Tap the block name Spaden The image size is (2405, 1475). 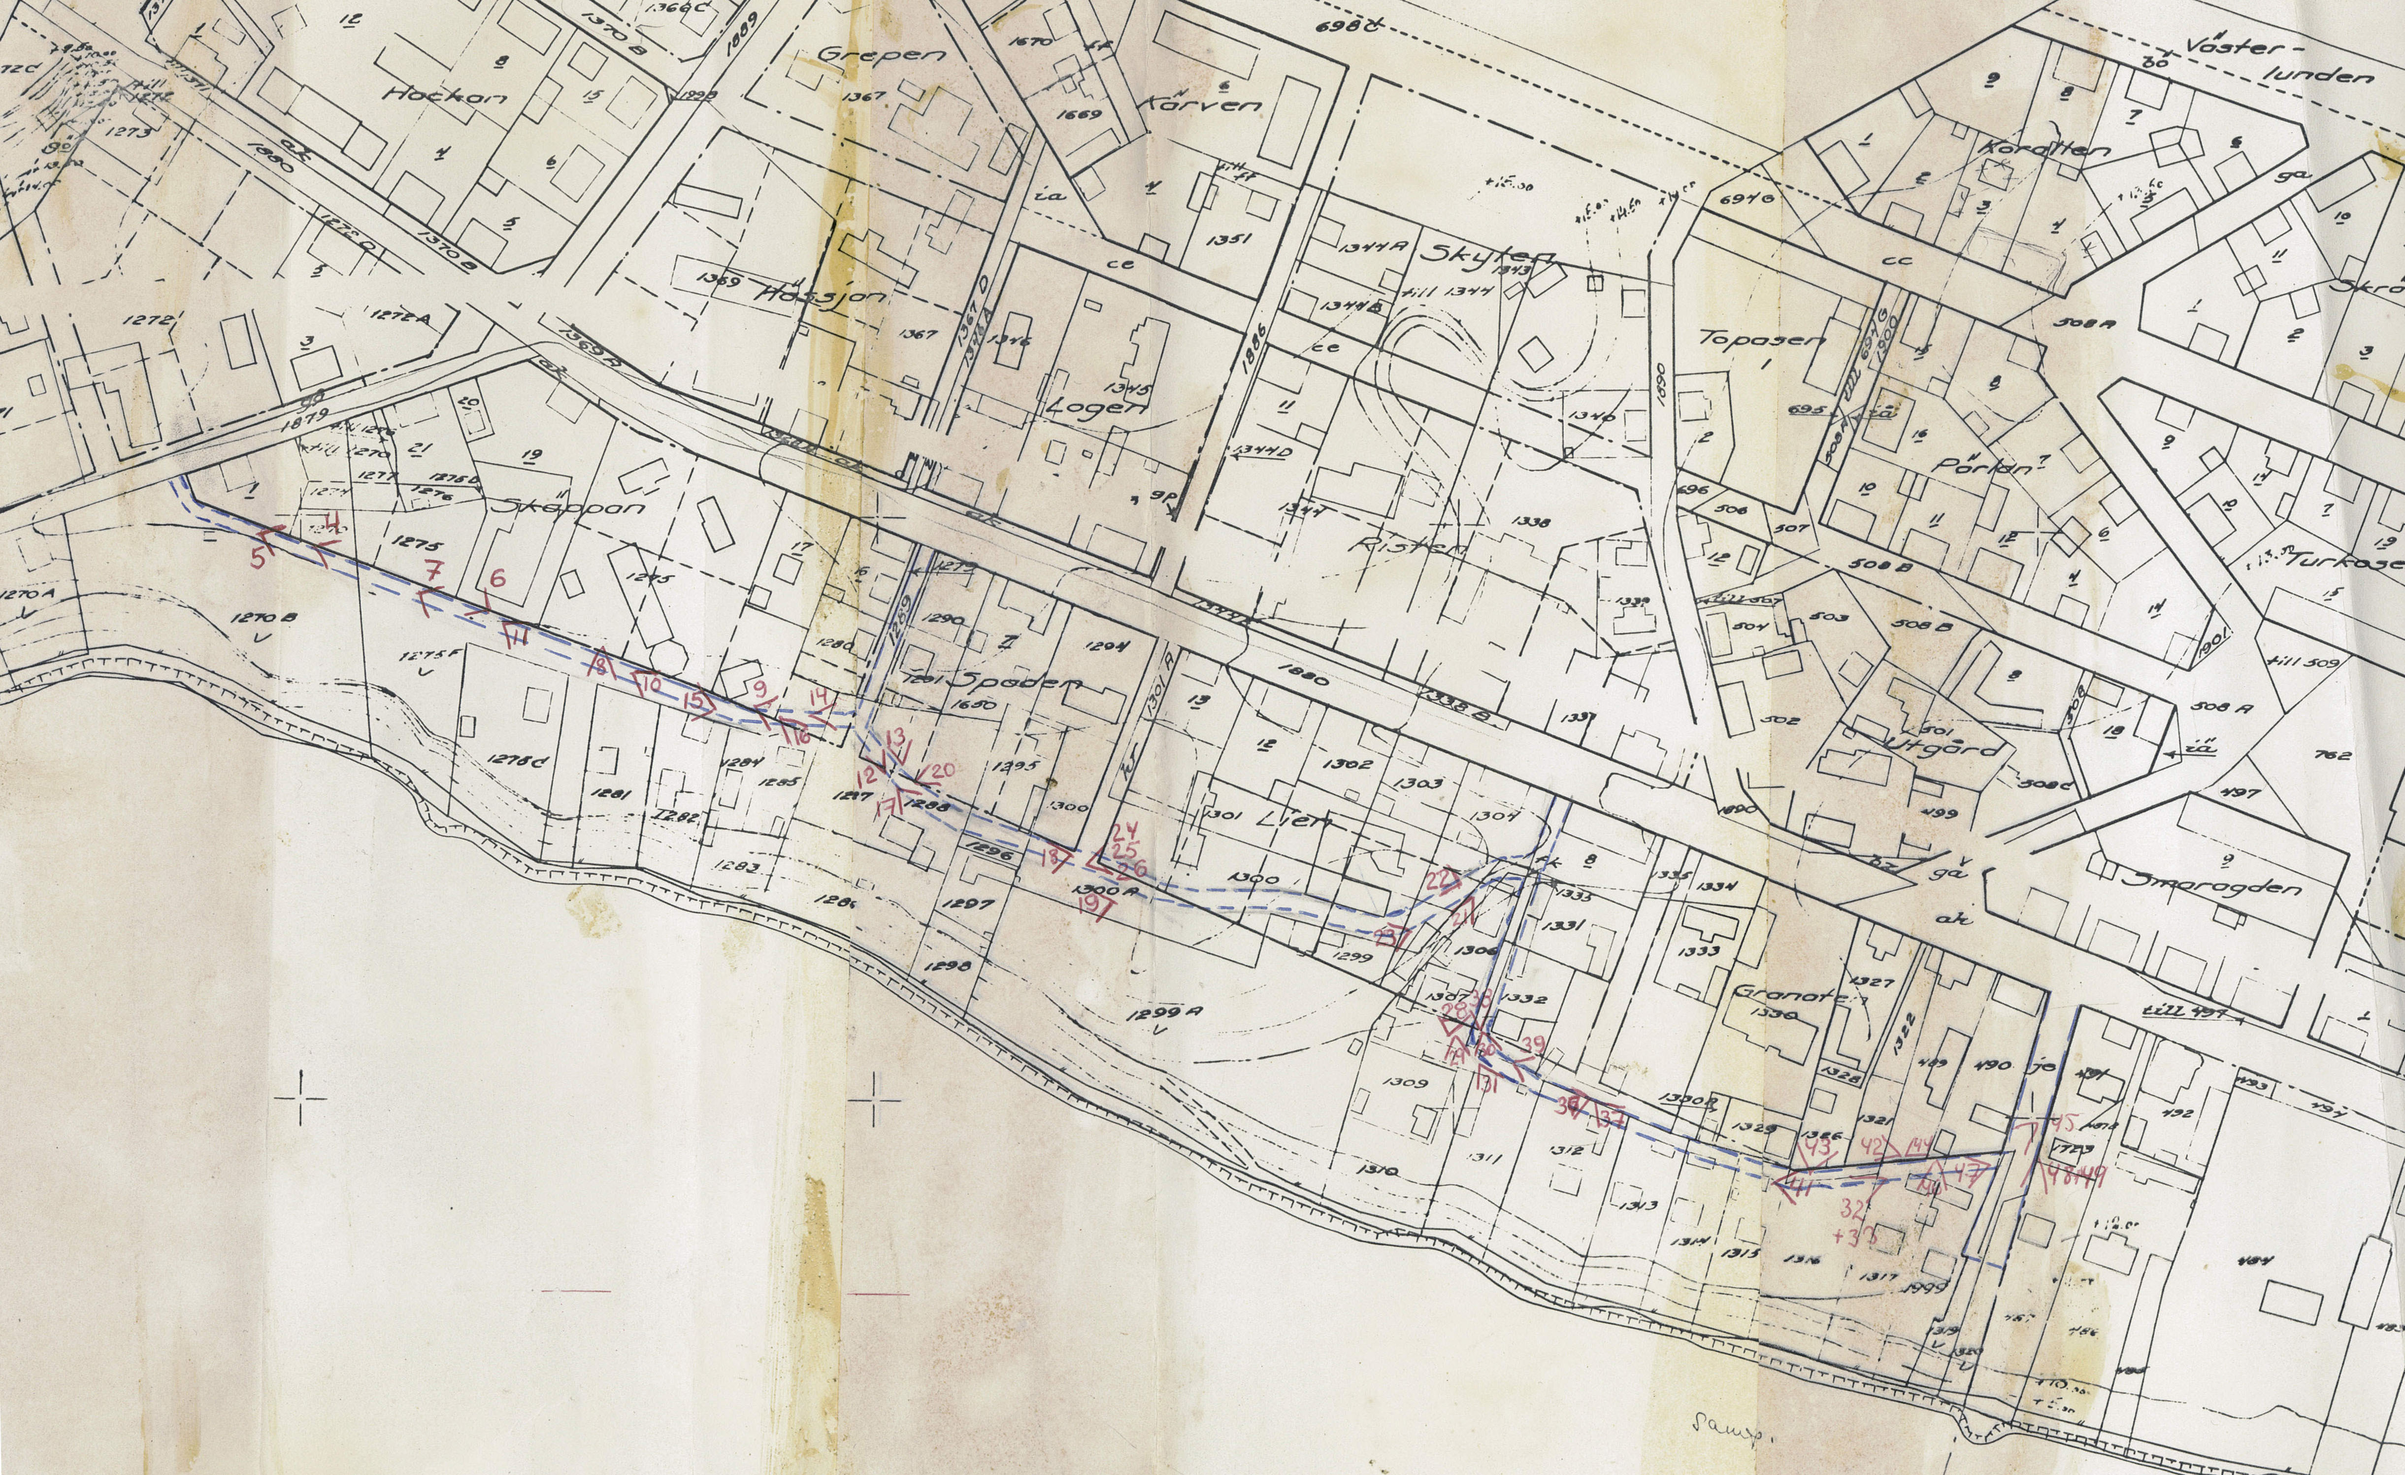1020,680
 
